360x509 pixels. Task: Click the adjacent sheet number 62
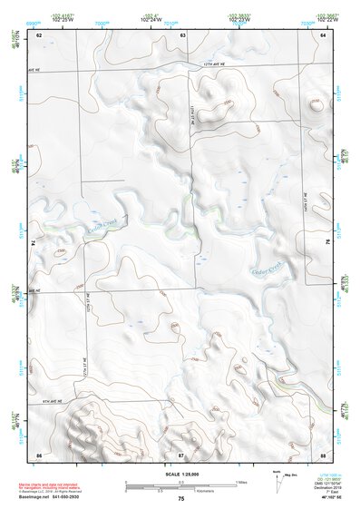point(39,34)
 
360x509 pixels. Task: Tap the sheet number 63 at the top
point(182,34)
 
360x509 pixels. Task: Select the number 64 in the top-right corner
point(324,34)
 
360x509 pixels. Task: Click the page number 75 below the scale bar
point(181,499)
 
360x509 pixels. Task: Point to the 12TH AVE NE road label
point(210,65)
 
